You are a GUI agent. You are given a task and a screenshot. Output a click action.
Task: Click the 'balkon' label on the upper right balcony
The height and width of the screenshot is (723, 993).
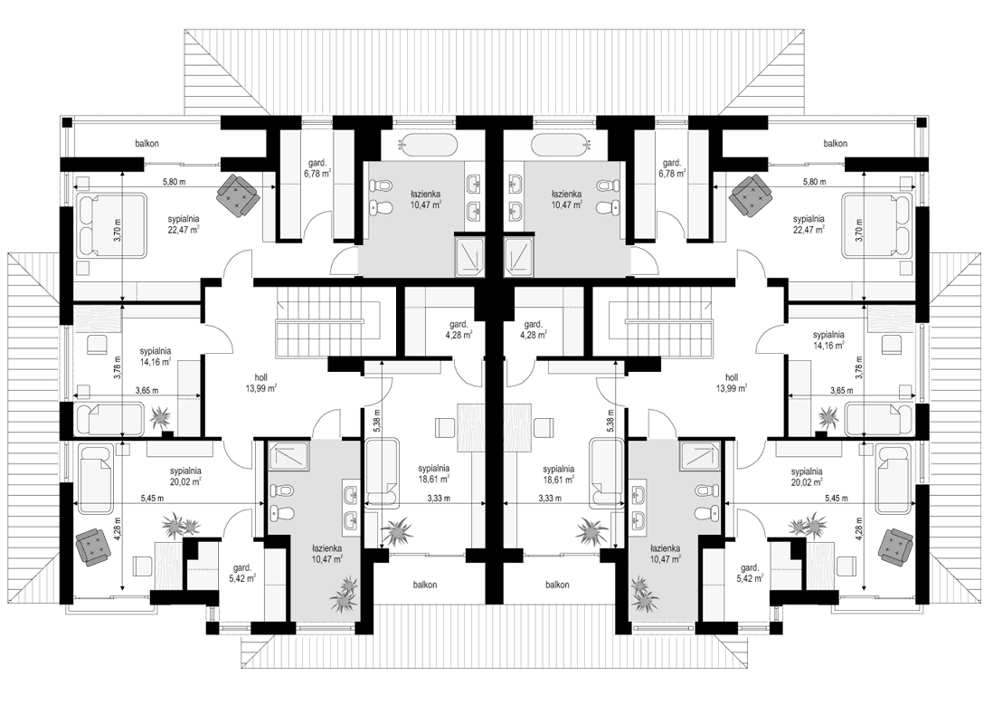(835, 143)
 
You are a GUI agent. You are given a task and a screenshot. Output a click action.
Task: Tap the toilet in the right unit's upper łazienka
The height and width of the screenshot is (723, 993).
(609, 208)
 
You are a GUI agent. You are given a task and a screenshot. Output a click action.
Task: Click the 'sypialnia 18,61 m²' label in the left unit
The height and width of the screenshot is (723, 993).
(434, 474)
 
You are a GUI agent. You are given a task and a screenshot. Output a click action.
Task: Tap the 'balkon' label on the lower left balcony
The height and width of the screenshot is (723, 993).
(421, 585)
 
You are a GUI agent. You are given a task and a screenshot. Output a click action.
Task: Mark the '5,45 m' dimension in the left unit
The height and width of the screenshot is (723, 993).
(154, 498)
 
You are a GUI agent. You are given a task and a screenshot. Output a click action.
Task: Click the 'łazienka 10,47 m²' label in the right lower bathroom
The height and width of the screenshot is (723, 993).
(664, 553)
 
